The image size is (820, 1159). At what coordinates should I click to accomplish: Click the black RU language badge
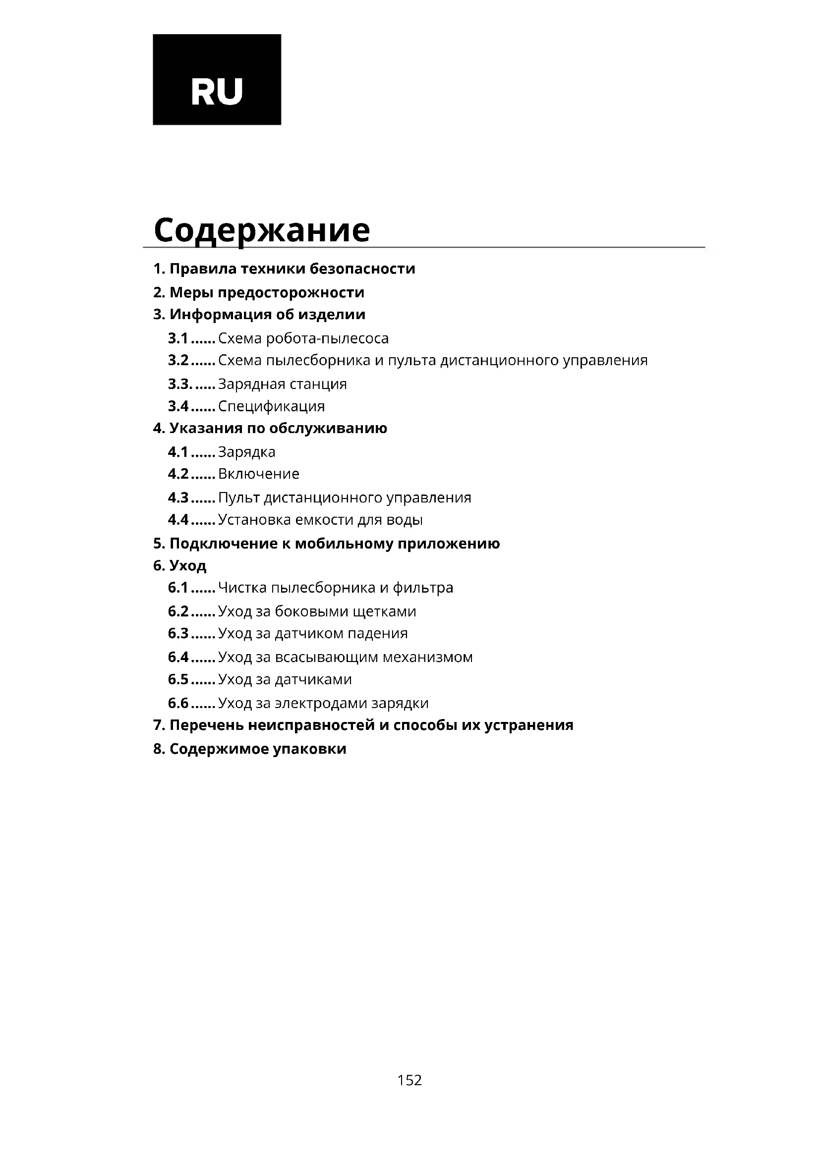point(217,78)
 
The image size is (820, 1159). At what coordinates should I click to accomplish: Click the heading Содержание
point(262,230)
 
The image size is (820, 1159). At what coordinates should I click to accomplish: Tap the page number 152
point(409,1080)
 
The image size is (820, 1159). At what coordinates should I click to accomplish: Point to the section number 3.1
point(178,338)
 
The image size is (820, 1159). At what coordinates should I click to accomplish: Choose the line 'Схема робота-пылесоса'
point(303,338)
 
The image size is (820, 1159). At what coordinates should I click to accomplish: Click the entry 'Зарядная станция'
point(282,384)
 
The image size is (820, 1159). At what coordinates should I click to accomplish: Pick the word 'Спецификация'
point(271,406)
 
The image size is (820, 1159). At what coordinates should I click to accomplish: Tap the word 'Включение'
point(258,474)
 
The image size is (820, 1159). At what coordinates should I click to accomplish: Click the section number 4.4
point(178,519)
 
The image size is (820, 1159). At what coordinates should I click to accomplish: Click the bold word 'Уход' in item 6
point(188,565)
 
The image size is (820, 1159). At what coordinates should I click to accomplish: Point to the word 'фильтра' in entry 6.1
point(422,588)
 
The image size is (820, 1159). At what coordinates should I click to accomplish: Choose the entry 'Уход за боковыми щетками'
point(317,611)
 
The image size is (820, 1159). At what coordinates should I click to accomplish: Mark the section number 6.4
point(178,657)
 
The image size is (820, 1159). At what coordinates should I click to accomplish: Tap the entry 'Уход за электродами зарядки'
point(323,703)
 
